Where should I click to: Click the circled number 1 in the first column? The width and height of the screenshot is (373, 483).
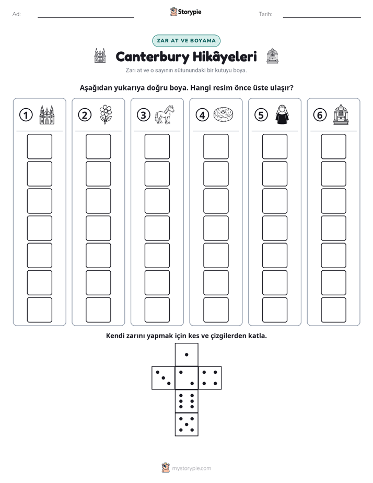click(26, 115)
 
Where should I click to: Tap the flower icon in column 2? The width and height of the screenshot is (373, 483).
click(106, 114)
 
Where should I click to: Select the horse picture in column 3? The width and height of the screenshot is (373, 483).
click(165, 115)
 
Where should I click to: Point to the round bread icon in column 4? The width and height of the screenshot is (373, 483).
click(223, 114)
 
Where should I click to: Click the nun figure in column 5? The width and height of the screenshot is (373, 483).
click(282, 114)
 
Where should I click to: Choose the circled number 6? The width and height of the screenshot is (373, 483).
click(320, 115)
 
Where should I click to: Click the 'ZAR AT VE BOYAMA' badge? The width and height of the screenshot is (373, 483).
click(186, 41)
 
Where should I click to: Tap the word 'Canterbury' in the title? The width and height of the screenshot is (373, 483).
click(153, 57)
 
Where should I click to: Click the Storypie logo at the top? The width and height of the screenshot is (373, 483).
click(185, 12)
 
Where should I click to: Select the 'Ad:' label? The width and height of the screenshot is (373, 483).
click(17, 14)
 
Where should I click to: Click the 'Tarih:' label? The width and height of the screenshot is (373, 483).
click(265, 14)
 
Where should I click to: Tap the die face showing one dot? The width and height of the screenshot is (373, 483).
click(186, 355)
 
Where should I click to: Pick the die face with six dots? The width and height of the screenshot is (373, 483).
click(186, 401)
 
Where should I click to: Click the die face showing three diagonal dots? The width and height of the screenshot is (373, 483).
click(164, 378)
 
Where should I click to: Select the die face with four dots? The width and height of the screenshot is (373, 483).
click(210, 378)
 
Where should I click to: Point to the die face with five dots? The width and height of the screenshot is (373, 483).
click(186, 424)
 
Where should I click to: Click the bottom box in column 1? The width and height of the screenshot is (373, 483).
click(39, 310)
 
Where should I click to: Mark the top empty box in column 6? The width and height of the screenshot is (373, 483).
click(334, 146)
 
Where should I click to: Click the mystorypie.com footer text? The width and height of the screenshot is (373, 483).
click(191, 468)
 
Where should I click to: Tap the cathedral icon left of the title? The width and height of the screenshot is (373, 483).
click(100, 55)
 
